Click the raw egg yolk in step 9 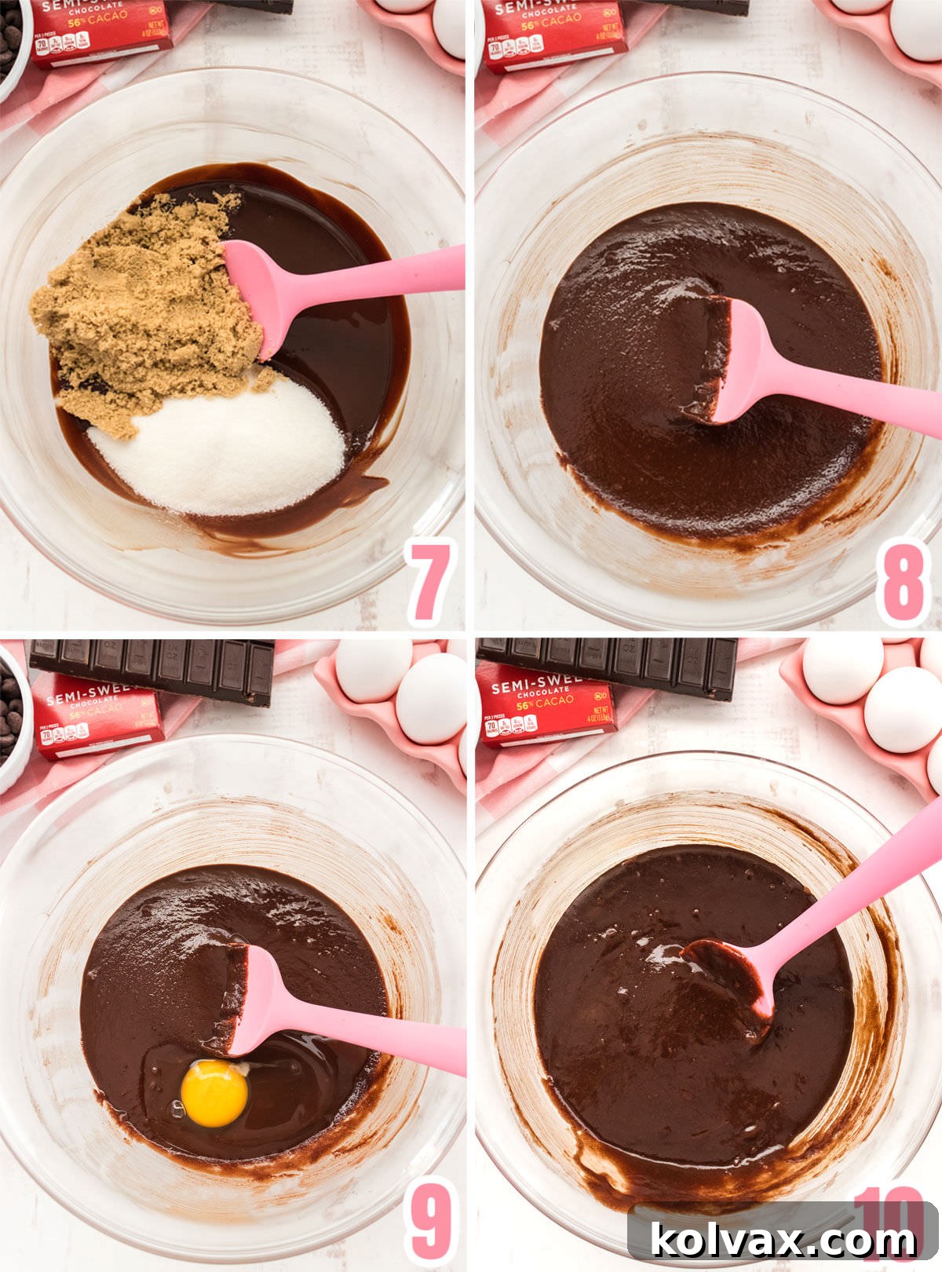214,1092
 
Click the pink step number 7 431,580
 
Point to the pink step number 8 903,582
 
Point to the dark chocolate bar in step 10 608,664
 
